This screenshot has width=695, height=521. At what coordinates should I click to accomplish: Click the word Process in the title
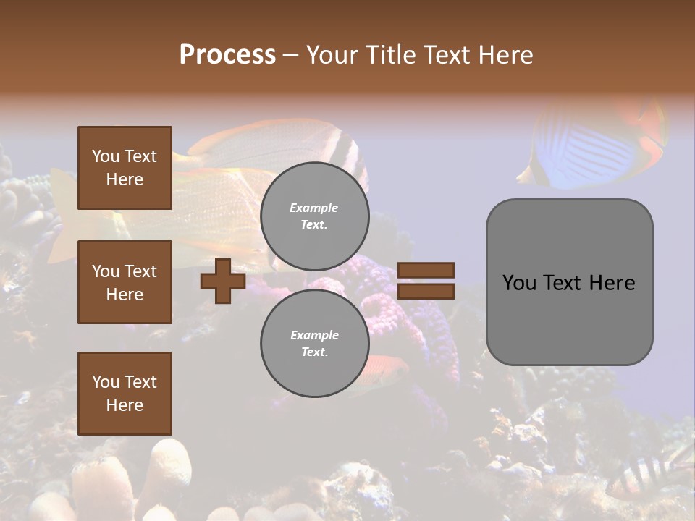[227, 55]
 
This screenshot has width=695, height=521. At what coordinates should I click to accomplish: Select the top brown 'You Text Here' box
[125, 168]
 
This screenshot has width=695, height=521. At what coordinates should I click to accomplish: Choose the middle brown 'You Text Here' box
[125, 282]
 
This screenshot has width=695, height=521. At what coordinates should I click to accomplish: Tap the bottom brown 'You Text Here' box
[125, 394]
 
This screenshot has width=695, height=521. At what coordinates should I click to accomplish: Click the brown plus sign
[223, 281]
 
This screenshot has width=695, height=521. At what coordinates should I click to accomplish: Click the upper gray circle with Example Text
[314, 216]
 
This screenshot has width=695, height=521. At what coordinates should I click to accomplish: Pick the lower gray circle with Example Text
[314, 344]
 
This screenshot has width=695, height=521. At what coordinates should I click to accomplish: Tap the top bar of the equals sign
[426, 270]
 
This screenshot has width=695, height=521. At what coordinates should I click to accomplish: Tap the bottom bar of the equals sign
[426, 292]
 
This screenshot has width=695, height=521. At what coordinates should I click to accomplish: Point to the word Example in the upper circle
[314, 208]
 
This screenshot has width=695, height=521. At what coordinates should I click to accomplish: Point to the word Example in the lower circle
[314, 335]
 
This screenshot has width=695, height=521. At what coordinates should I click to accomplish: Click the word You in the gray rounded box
[519, 283]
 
